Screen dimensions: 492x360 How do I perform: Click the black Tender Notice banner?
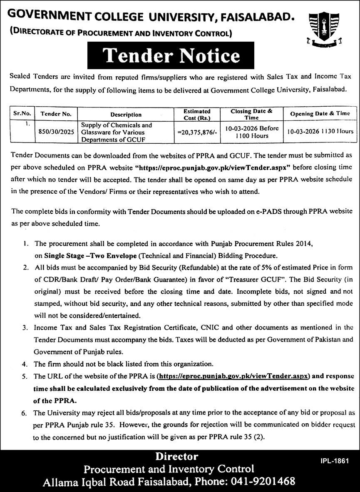171,56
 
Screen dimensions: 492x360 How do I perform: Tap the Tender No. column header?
56,114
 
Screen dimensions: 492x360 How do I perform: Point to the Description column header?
126,114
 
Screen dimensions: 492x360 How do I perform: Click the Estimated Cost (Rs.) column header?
197,114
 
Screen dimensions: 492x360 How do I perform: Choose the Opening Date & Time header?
320,113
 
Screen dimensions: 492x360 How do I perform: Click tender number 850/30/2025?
56,131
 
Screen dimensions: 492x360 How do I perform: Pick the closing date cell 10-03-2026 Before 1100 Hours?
252,132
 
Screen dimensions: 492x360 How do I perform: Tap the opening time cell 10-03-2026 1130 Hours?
320,131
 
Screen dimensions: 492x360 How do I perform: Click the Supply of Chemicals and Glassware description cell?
117,132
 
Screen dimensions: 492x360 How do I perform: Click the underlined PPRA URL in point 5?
233,376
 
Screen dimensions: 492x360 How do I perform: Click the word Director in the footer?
177,456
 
